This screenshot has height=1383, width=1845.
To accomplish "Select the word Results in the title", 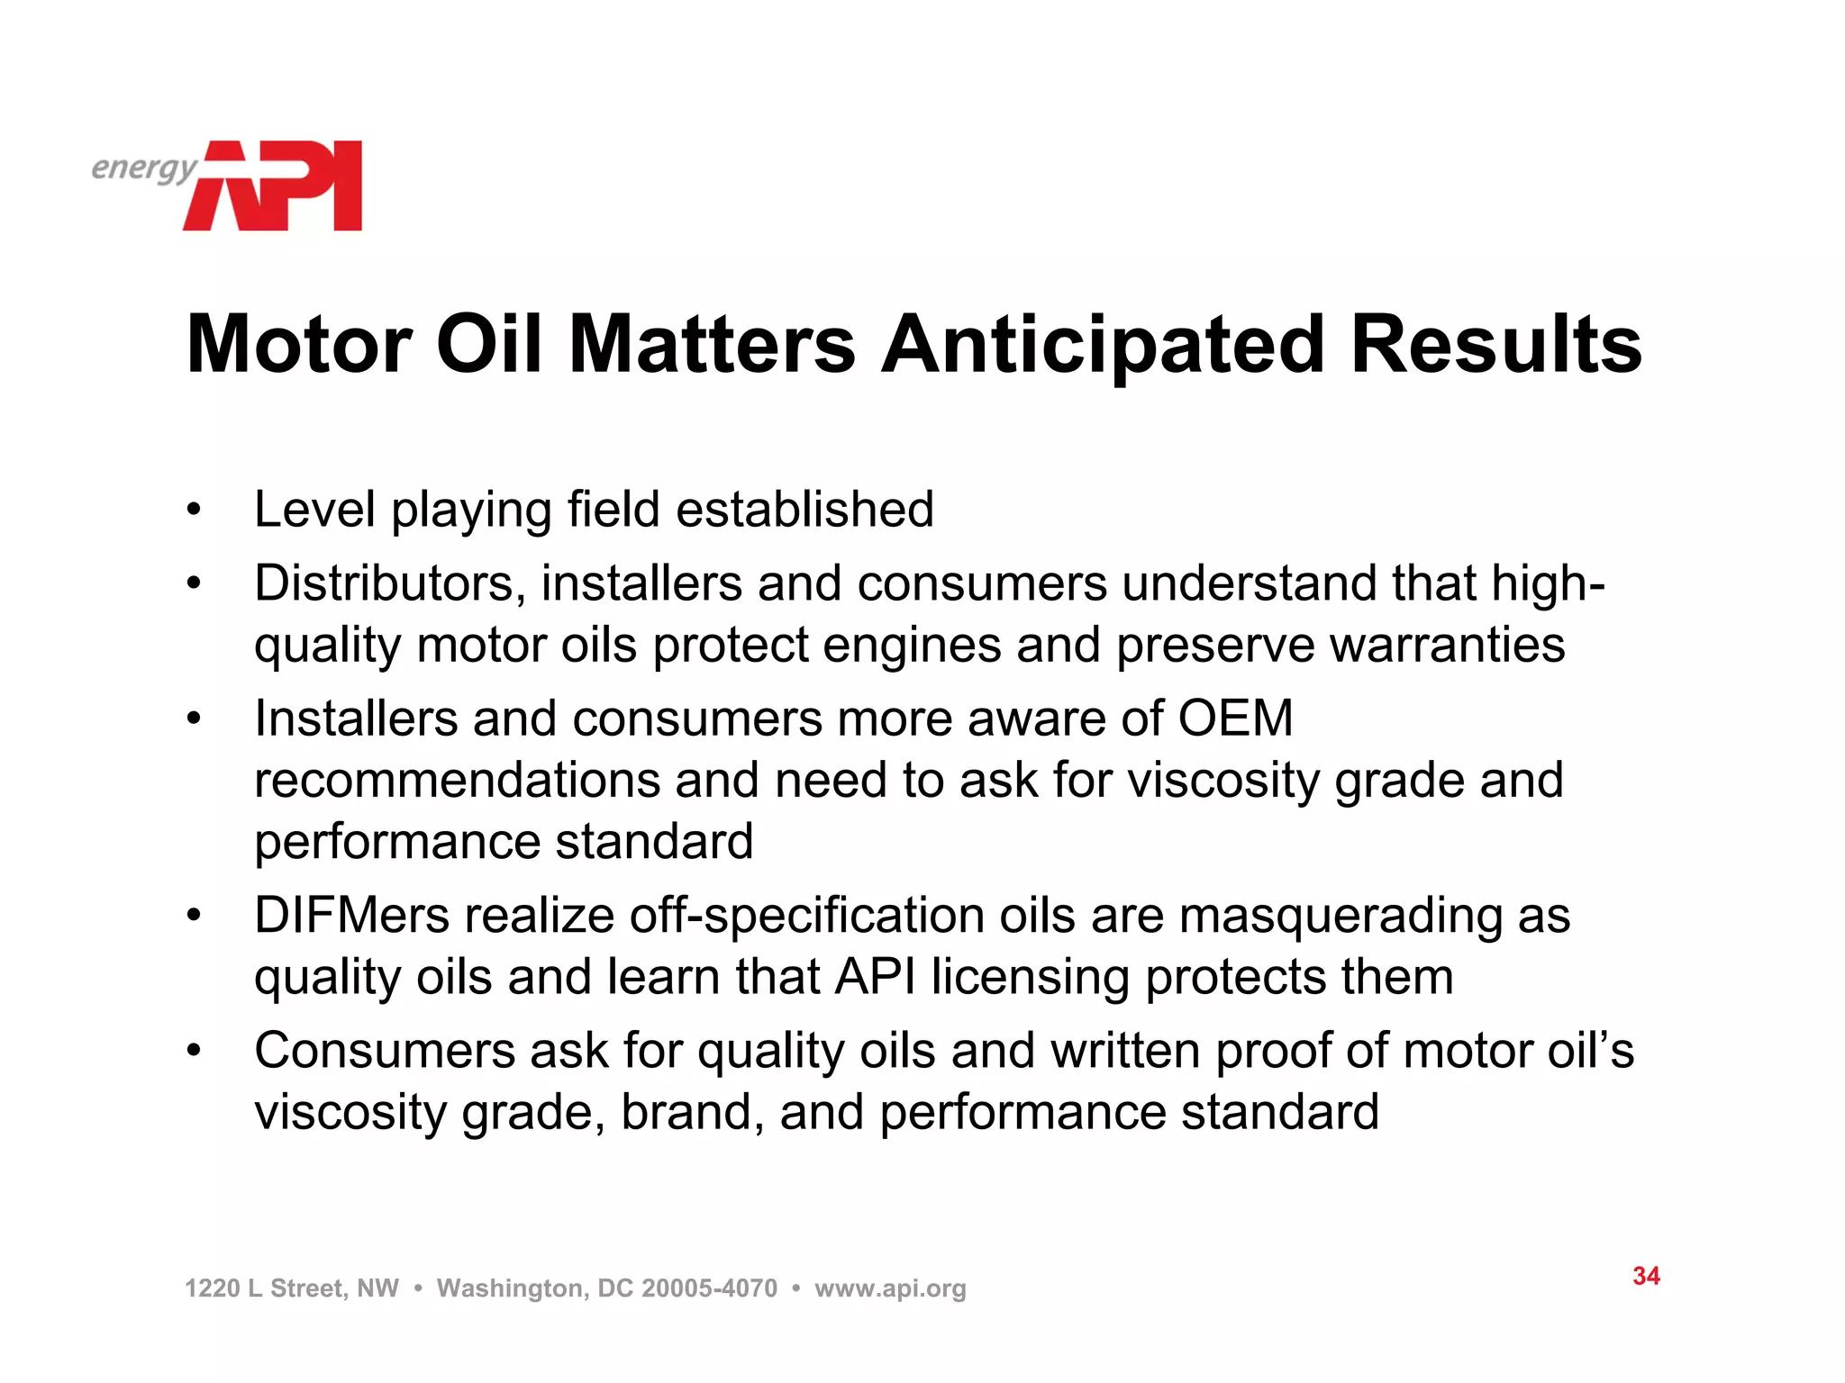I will [x=1496, y=345].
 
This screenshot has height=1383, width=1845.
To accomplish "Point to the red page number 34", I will [x=1646, y=1276].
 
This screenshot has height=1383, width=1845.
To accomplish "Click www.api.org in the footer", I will [x=890, y=1288].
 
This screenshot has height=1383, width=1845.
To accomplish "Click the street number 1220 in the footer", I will [x=212, y=1288].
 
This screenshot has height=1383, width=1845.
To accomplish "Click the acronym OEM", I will [x=1235, y=719].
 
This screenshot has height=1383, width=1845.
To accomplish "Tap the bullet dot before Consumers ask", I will [x=193, y=1051].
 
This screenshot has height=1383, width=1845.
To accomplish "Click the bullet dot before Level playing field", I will [x=193, y=511].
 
